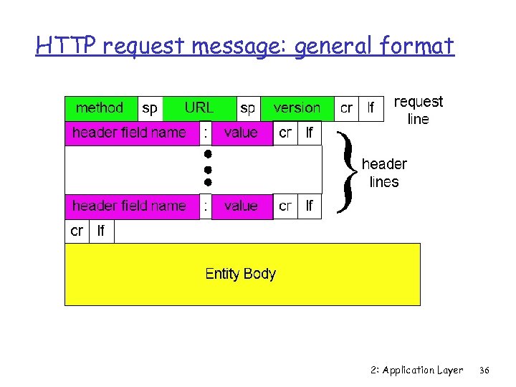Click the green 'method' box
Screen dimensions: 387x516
tap(100, 108)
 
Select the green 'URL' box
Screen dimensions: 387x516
tap(199, 108)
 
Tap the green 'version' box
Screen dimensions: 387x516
tap(297, 108)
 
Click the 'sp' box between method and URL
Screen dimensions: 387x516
tap(150, 108)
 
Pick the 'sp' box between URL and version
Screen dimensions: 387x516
tap(247, 108)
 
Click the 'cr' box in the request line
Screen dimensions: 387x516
tap(346, 108)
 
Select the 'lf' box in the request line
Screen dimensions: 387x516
tap(371, 108)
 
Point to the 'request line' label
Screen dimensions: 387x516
tap(419, 110)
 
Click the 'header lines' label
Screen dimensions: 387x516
tap(384, 173)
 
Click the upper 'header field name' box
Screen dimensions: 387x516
tap(130, 133)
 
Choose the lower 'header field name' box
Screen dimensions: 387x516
tap(130, 206)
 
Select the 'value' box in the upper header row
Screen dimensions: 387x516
tap(241, 133)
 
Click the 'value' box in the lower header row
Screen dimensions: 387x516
tap(241, 206)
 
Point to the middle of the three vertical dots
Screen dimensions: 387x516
tap(206, 170)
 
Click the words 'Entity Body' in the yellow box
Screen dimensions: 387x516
tap(240, 274)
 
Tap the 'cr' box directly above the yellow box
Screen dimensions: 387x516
tap(77, 231)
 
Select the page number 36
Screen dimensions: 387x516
tap(484, 371)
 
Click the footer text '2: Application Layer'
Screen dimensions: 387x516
tap(417, 371)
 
